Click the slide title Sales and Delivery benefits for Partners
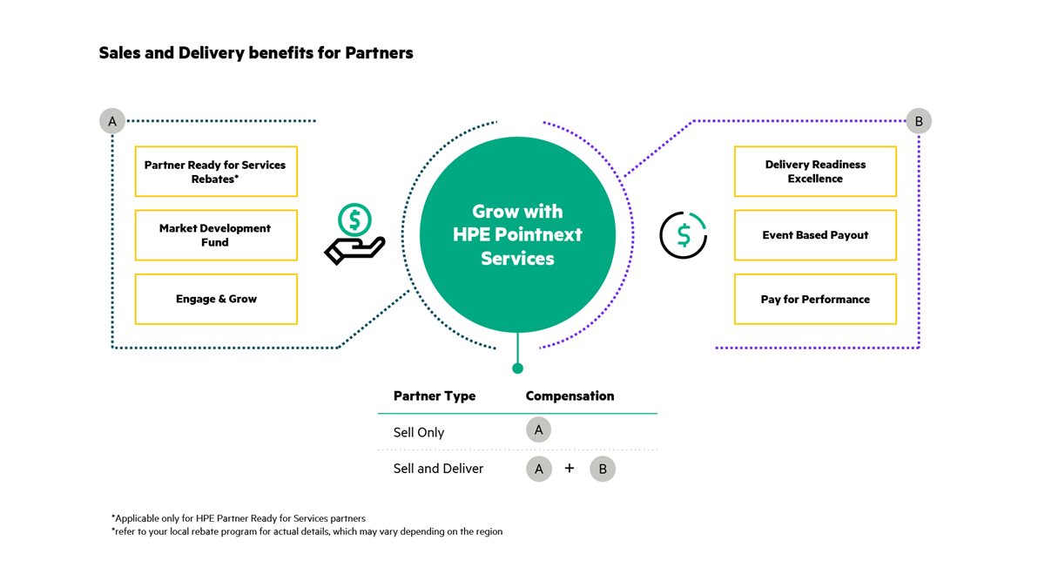[256, 53]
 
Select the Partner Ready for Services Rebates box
[216, 171]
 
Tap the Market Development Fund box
[216, 235]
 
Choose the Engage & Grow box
[216, 299]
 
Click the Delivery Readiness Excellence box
[815, 171]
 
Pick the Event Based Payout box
[815, 235]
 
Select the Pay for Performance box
[815, 299]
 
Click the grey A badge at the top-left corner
[111, 121]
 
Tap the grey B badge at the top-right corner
[918, 121]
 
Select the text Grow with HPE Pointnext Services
[517, 235]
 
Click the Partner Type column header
[435, 396]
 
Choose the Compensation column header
[570, 396]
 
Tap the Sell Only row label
[419, 432]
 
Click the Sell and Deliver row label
[438, 469]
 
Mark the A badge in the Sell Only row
[539, 429]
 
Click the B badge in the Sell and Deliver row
[603, 469]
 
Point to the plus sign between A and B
[570, 468]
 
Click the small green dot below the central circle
[517, 368]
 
